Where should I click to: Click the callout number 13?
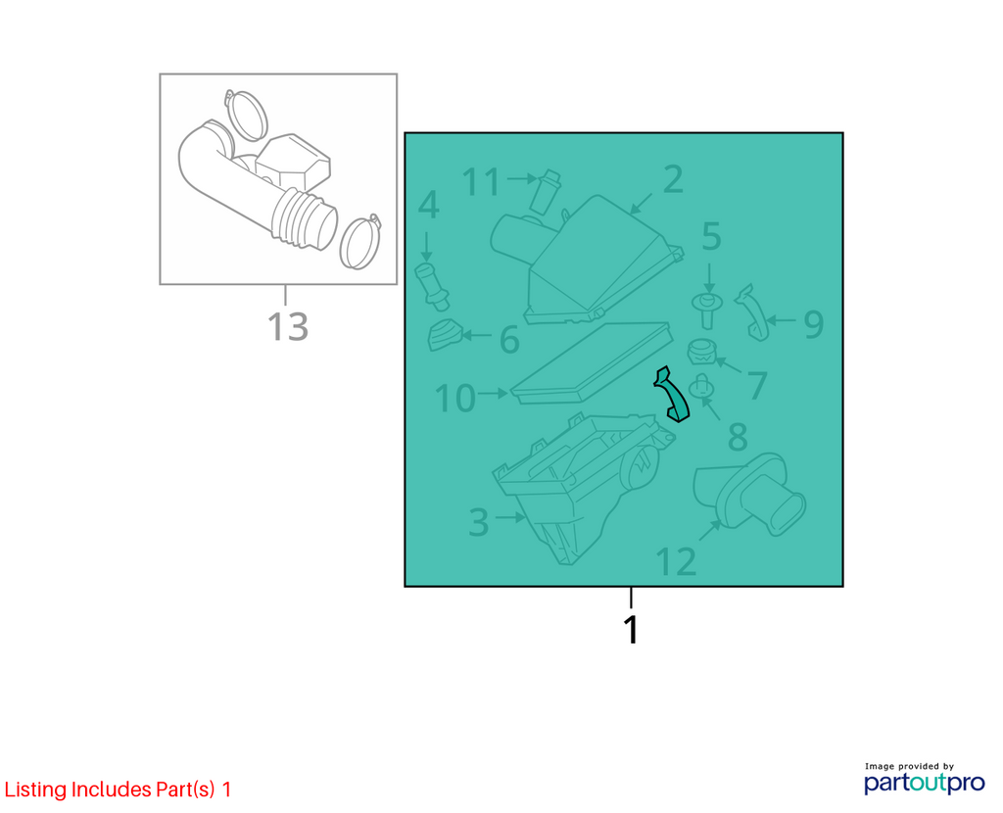[288, 326]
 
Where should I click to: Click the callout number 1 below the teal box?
[631, 630]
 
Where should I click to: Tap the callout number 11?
[481, 181]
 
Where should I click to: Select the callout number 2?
[673, 179]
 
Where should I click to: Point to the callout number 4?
[428, 205]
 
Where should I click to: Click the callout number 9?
[813, 323]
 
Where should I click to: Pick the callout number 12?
[676, 561]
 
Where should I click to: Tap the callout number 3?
[478, 522]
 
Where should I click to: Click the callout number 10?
[454, 398]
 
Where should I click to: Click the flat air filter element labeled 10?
[592, 362]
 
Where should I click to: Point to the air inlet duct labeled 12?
[749, 495]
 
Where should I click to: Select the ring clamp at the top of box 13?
[244, 116]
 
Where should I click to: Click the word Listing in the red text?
[35, 789]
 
